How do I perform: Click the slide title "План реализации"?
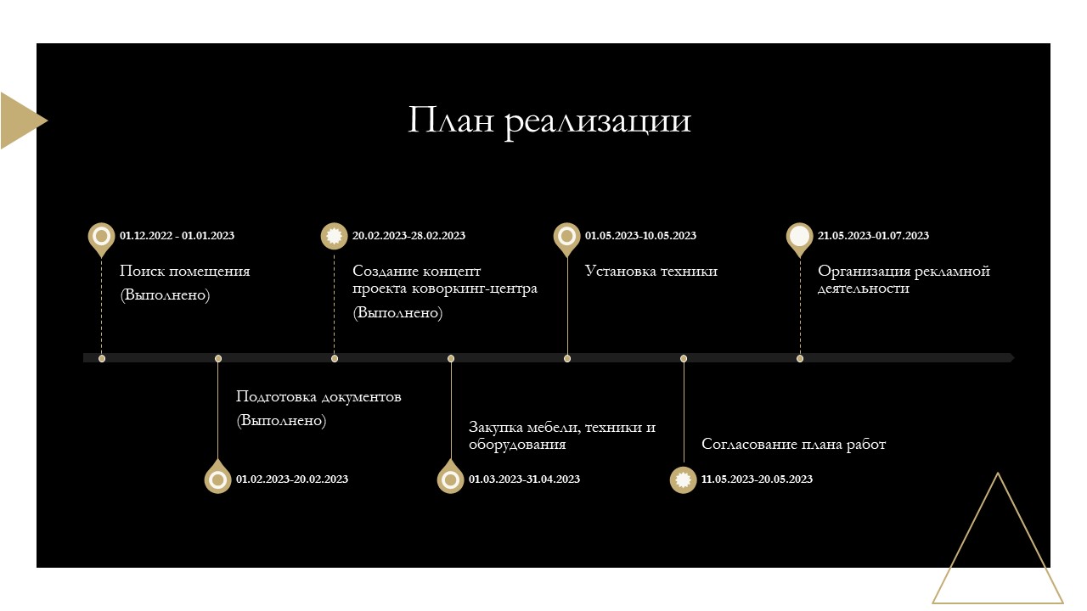549,121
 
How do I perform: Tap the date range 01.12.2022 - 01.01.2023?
177,236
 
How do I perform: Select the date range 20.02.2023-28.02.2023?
408,236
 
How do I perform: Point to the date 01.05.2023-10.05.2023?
640,236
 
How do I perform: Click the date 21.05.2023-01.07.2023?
874,236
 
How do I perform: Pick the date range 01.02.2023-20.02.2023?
292,479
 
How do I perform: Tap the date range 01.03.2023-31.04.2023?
524,479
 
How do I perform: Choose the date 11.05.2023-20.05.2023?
757,479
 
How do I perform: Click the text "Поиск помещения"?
185,271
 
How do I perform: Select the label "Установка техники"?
651,271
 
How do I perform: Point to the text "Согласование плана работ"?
794,444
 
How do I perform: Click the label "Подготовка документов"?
318,396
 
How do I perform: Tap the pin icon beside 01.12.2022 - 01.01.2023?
101,239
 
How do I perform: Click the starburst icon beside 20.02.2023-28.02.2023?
334,236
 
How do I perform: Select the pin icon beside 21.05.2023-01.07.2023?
799,239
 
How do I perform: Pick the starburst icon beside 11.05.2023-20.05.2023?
684,479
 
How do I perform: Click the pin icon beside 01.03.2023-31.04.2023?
450,477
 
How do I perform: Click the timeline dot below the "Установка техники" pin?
566,358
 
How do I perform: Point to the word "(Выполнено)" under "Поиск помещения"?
165,294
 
